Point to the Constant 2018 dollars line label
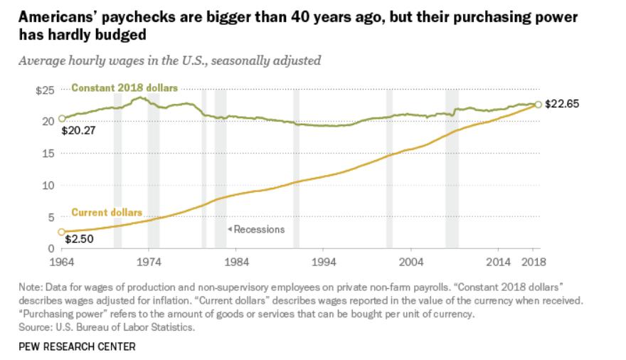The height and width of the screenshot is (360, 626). pos(124,88)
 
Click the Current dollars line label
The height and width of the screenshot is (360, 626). pos(107,213)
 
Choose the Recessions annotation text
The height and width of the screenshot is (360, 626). pos(258,229)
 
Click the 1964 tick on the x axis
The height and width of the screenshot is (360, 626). pos(62,261)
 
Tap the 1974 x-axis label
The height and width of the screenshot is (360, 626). pos(149,261)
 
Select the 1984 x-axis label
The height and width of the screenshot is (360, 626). pos(236,261)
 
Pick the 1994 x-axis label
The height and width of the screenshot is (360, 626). pos(324,261)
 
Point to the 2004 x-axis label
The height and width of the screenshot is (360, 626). pos(411,261)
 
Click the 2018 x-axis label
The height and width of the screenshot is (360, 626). pos(534,261)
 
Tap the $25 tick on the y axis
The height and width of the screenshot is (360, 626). pos(45,90)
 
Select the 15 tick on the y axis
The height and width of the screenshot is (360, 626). pos(48,153)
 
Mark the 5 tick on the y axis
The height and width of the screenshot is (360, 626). pos(51,217)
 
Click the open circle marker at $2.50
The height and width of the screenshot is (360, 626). pos(62,233)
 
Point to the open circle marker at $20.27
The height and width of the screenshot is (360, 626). pos(62,119)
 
